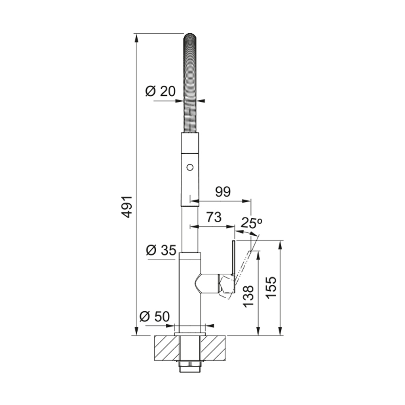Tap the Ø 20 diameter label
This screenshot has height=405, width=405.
[160, 91]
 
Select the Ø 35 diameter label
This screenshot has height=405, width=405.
[161, 250]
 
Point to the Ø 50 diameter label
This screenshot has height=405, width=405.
[155, 316]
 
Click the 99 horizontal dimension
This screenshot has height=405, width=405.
[223, 192]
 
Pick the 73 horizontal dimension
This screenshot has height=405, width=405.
[214, 217]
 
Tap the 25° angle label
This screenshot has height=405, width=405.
[252, 223]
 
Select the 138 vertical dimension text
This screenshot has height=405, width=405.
[248, 296]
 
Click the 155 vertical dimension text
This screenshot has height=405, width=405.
[271, 288]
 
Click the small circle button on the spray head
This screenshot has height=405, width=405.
[190, 167]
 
